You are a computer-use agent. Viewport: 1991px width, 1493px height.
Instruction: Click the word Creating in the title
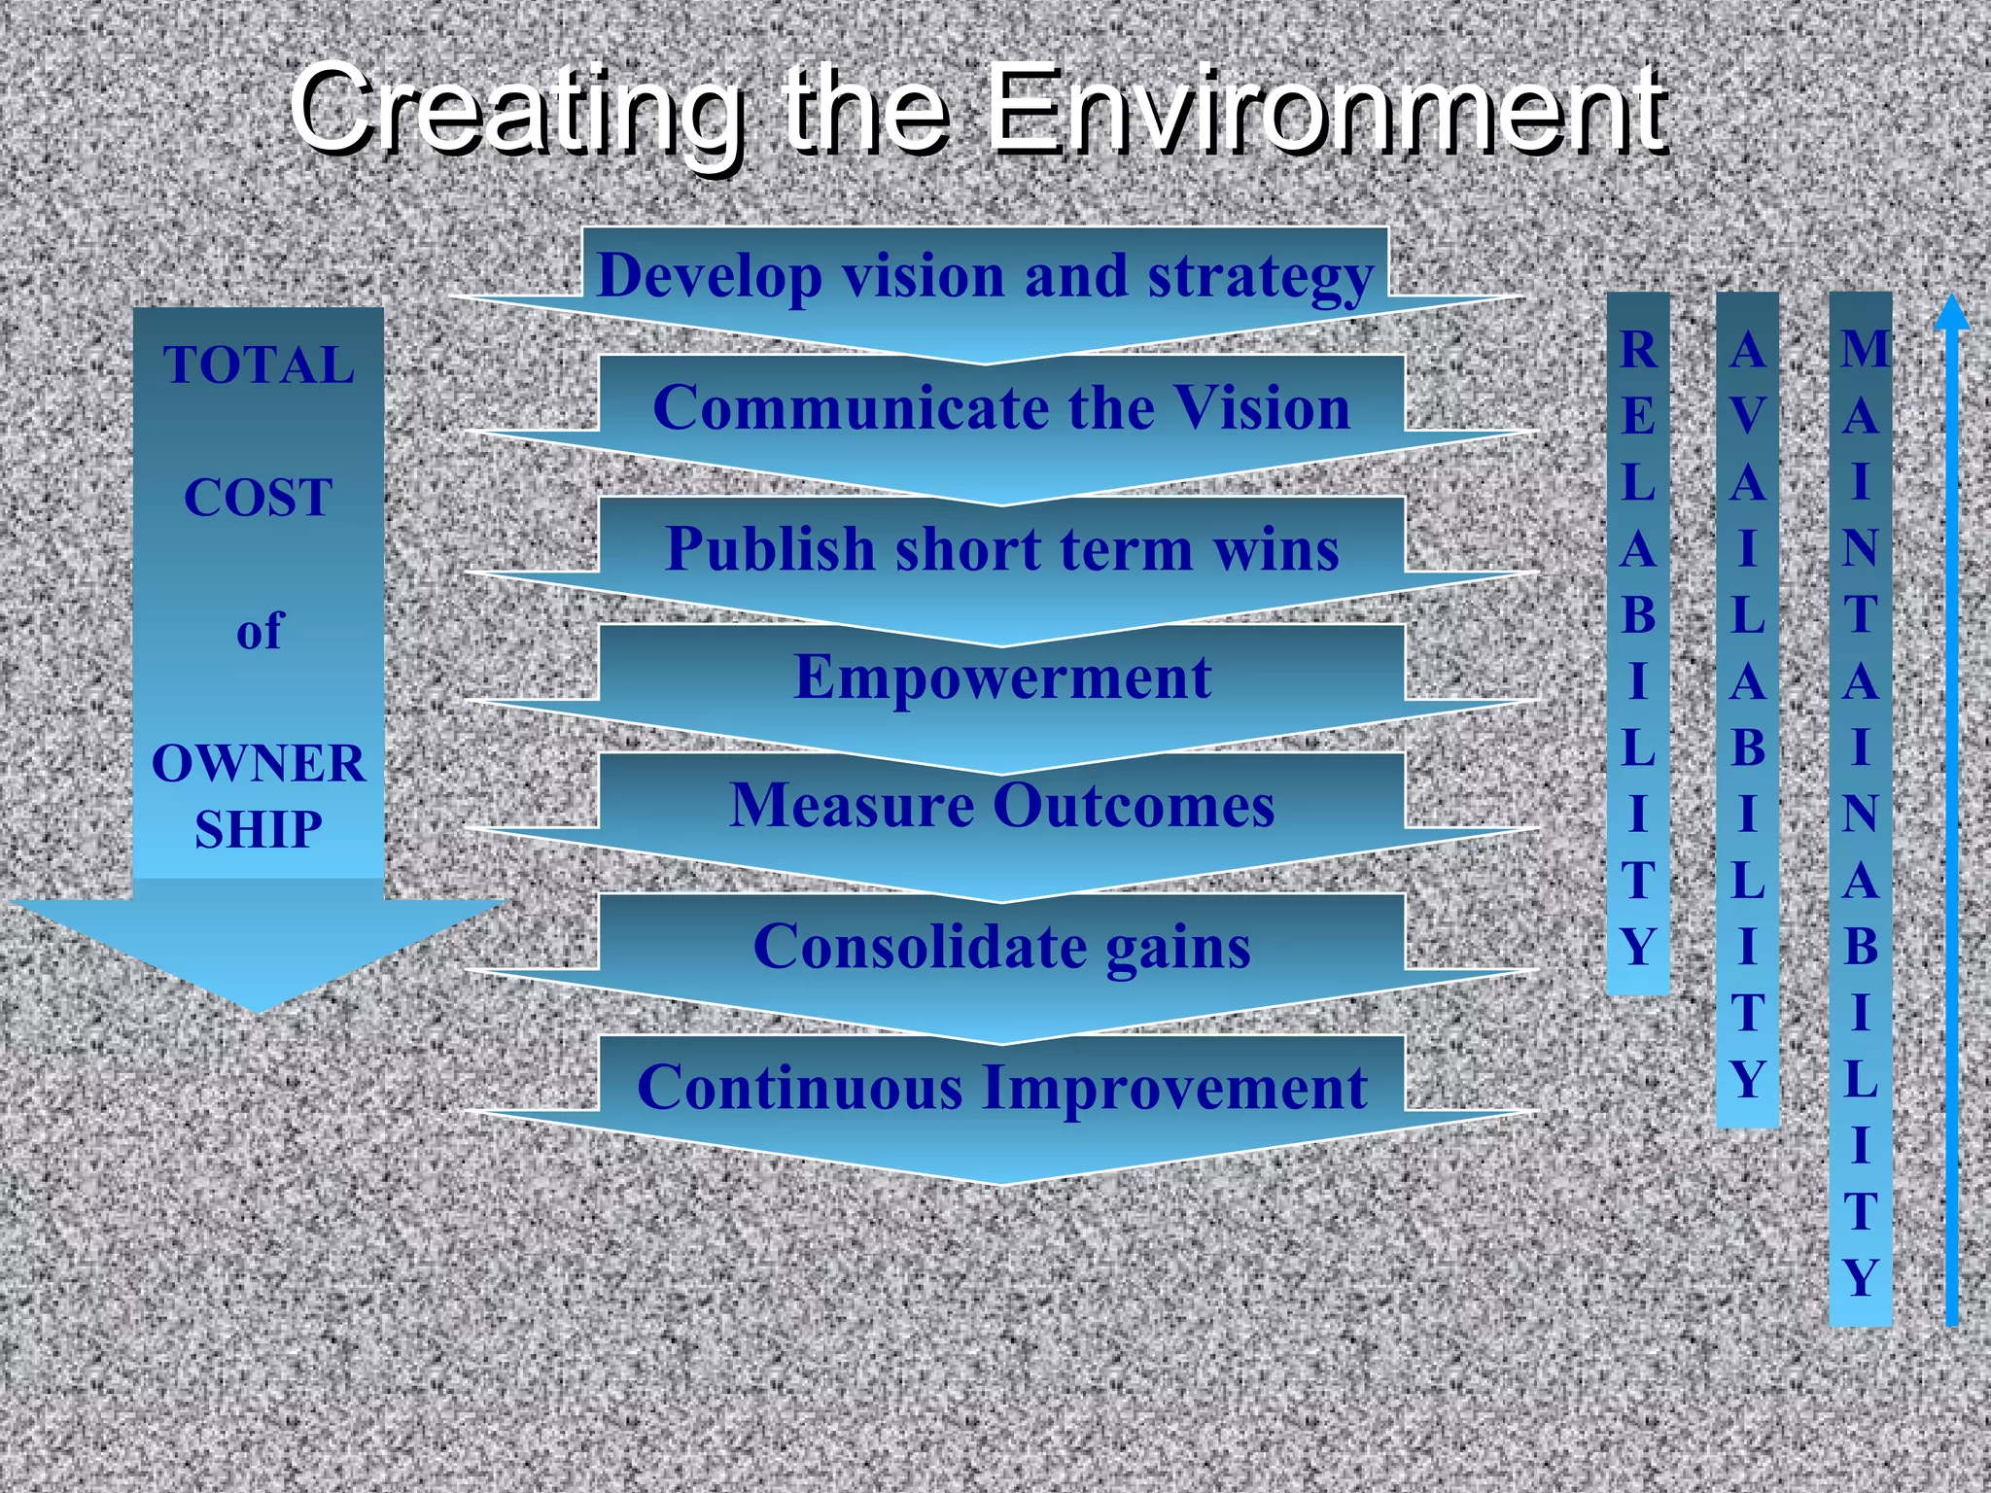point(515,109)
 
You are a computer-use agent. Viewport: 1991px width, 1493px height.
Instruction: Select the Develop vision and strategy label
point(985,276)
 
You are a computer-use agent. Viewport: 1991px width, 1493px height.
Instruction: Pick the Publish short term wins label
point(1001,548)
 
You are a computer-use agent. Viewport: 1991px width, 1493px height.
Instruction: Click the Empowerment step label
point(1001,677)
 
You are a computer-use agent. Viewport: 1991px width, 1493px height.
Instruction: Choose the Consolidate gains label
point(1001,947)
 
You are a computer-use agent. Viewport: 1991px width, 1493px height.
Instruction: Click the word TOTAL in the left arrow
point(259,365)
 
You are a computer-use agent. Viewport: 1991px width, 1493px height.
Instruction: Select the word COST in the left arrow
point(259,498)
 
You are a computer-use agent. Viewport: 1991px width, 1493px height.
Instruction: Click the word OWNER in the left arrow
point(259,763)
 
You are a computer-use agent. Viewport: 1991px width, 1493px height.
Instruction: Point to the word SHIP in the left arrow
point(259,829)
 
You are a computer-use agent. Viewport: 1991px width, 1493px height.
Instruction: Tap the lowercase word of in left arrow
point(259,631)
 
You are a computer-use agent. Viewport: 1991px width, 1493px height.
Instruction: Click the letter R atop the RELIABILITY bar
point(1638,350)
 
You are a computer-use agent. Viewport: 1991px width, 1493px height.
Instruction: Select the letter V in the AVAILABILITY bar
point(1747,416)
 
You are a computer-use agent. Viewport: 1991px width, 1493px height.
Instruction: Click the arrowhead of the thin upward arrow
point(1951,313)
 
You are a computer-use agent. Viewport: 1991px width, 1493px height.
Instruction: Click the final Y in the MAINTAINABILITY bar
point(1861,1277)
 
